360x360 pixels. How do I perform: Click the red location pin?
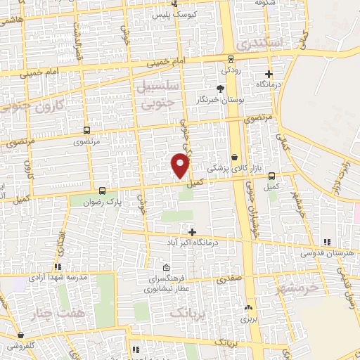tap(181, 165)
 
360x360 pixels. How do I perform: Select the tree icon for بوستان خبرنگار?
tap(221, 89)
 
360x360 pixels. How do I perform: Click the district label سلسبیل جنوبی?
tap(160, 94)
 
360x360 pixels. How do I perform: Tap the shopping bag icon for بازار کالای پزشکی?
tap(234, 158)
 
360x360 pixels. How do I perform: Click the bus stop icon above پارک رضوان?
tap(103, 190)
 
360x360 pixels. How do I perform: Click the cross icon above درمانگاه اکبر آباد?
tap(191, 231)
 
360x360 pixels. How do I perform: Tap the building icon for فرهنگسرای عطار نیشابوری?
tap(166, 268)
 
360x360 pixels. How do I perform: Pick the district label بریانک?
tap(191, 310)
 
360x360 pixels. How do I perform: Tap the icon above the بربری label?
tap(247, 308)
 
